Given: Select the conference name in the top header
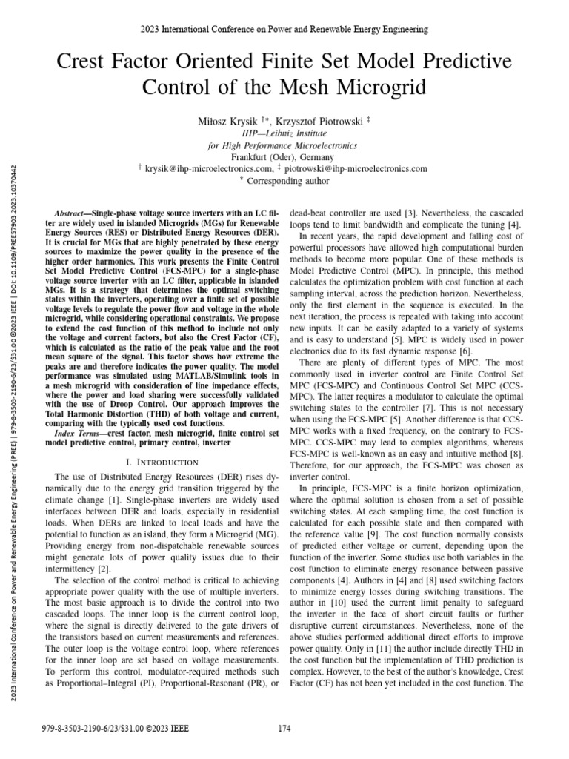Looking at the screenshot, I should (x=284, y=30).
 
